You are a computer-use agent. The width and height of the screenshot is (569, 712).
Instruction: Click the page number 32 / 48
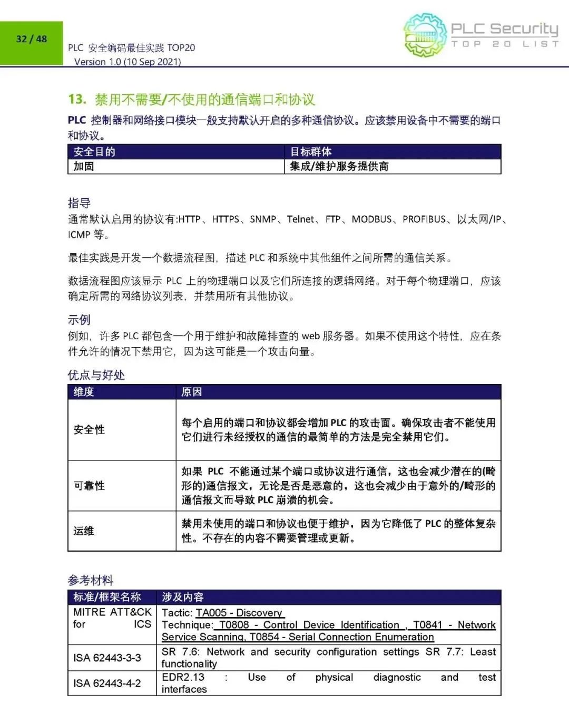(32, 39)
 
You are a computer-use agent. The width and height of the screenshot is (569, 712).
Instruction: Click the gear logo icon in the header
(425, 35)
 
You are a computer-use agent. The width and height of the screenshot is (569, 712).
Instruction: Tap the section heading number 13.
(77, 99)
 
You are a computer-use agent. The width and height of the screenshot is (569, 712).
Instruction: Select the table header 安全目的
(94, 152)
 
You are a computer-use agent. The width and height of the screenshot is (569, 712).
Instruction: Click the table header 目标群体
(311, 152)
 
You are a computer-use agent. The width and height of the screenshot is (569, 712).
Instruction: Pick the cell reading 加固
(84, 167)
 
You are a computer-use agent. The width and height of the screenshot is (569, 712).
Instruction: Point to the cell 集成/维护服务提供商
(339, 167)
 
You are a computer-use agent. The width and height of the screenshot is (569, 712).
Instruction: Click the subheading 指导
(79, 203)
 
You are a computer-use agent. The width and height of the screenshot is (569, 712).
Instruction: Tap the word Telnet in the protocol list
(300, 219)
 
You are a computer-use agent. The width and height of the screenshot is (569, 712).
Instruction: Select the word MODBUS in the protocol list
(372, 219)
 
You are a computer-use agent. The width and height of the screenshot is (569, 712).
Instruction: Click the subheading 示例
(79, 320)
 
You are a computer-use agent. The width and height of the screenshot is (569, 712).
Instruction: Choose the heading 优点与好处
(96, 375)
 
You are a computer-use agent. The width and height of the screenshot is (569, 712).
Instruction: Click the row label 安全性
(89, 430)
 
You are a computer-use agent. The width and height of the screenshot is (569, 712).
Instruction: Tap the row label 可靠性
(89, 486)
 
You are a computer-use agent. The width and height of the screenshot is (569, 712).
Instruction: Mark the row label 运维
(84, 531)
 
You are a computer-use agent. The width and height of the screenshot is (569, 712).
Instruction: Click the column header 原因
(192, 392)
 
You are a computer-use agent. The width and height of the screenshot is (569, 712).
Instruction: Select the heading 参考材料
(90, 580)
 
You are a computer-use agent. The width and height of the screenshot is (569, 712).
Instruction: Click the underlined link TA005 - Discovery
(239, 613)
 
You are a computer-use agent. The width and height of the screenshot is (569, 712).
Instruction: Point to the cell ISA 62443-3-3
(107, 658)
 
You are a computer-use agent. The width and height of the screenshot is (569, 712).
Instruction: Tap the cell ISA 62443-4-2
(107, 684)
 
